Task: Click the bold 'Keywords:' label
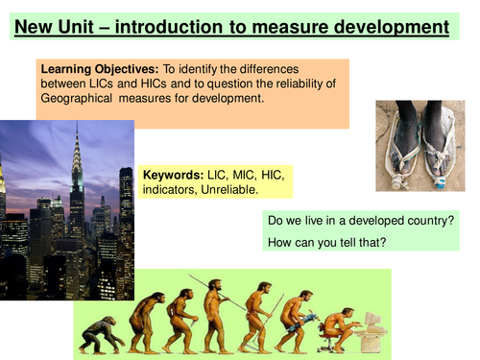[173, 177]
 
